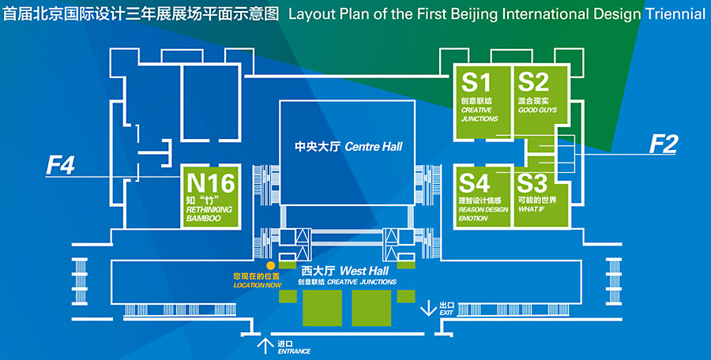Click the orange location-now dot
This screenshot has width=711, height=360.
[x=270, y=266]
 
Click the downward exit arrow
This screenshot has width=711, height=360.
[x=428, y=307]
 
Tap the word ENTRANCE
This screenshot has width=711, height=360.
[x=294, y=351]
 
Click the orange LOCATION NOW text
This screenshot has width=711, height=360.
[x=257, y=284]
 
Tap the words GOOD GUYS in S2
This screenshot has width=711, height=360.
[x=537, y=110]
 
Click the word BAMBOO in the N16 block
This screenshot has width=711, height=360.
[x=203, y=218]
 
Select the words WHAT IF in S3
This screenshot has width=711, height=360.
[x=530, y=209]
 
